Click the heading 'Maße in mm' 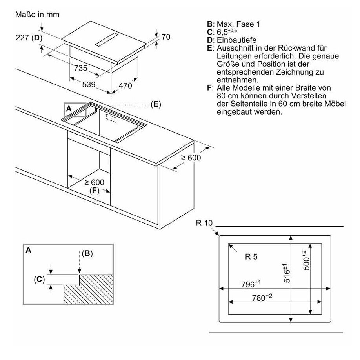pos(37,15)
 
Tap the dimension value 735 pos(80,68)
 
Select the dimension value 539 pos(89,84)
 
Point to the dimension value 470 pos(125,86)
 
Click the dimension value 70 pos(166,37)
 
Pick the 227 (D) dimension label pos(29,38)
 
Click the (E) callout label pos(156,104)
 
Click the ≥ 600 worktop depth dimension pos(191,158)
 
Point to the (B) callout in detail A pos(87,253)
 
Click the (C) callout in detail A pos(39,280)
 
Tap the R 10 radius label pos(204,223)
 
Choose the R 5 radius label pos(251,257)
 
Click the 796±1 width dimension pos(251,284)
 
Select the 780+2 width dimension pos(262,297)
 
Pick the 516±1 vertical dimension pos(286,273)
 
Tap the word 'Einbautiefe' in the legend pos(236,40)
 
